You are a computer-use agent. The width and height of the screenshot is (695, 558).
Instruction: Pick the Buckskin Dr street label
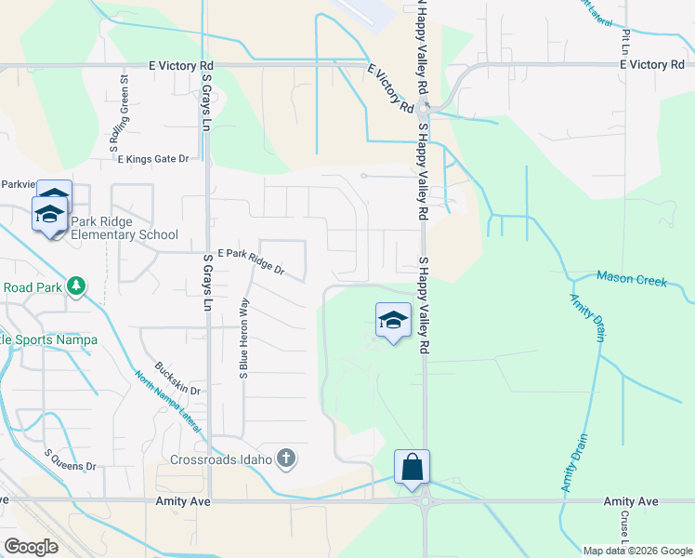click(178, 378)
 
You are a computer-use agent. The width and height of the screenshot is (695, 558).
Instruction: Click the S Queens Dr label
click(71, 458)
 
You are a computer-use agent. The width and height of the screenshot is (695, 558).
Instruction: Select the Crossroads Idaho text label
click(221, 458)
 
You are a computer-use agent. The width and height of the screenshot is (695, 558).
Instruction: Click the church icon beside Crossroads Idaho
click(286, 458)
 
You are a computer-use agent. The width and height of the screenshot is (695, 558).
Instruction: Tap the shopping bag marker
click(412, 467)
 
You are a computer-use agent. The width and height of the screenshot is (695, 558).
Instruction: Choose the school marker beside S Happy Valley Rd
click(393, 321)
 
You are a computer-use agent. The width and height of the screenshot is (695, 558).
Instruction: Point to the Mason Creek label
click(632, 279)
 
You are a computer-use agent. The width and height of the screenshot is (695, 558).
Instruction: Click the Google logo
click(30, 547)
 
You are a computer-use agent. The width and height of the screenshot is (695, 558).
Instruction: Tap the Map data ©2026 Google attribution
click(637, 551)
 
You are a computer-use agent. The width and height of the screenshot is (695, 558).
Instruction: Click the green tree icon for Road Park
click(77, 286)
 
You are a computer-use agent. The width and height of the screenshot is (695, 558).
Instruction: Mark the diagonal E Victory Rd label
click(390, 88)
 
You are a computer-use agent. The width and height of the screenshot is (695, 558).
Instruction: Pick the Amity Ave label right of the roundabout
click(631, 501)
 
